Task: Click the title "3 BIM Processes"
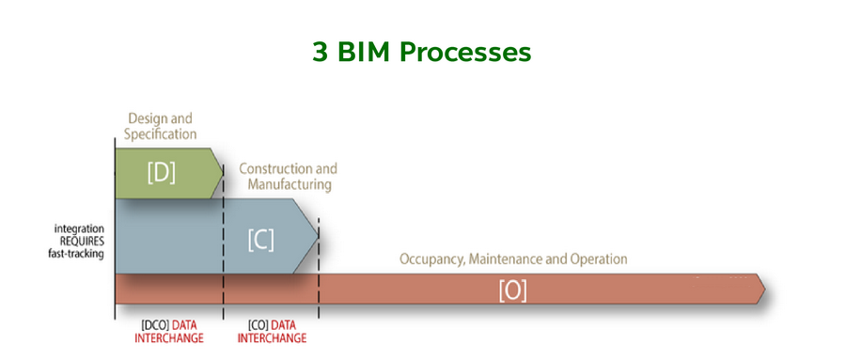click(x=422, y=52)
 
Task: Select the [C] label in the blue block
click(x=260, y=240)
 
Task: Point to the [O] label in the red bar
click(x=512, y=291)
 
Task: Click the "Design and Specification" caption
click(x=162, y=127)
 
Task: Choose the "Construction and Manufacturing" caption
click(x=289, y=177)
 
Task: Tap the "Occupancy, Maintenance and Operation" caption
click(x=513, y=258)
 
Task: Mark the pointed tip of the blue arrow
click(x=319, y=235)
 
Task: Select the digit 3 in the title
click(x=320, y=52)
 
